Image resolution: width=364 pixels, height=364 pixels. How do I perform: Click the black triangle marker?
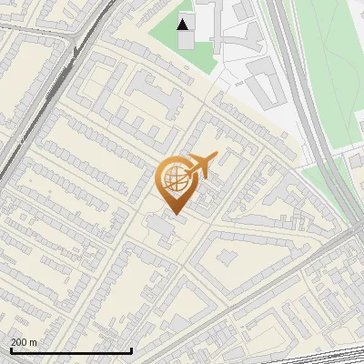click(184, 24)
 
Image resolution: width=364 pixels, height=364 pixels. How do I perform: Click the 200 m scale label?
click(24, 342)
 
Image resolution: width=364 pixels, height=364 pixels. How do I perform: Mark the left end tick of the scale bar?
click(10, 349)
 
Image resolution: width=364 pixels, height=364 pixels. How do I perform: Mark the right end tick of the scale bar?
click(132, 349)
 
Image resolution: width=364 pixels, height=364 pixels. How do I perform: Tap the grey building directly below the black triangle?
click(186, 41)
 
